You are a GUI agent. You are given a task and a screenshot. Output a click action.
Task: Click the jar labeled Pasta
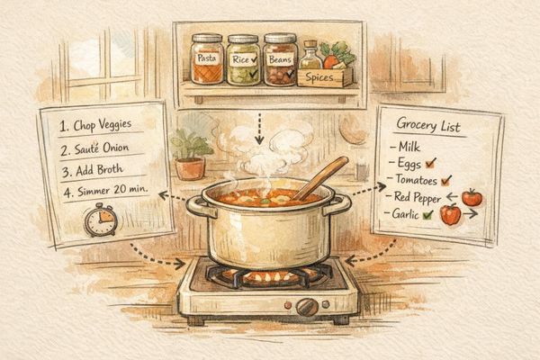(x=207, y=60)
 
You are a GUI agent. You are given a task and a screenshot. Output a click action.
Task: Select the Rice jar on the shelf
(x=243, y=60)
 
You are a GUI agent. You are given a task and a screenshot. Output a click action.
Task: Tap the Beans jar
(x=281, y=60)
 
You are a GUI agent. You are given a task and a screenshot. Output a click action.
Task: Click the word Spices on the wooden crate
(x=325, y=78)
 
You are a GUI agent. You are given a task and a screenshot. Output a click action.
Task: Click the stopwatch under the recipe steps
(x=100, y=220)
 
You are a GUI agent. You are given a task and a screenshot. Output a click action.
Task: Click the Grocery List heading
(x=429, y=127)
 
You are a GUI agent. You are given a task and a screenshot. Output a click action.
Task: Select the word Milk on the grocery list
(x=410, y=146)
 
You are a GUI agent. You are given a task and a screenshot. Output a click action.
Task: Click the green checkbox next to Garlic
(x=427, y=215)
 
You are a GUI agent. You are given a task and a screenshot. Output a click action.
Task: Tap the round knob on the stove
(x=307, y=306)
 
